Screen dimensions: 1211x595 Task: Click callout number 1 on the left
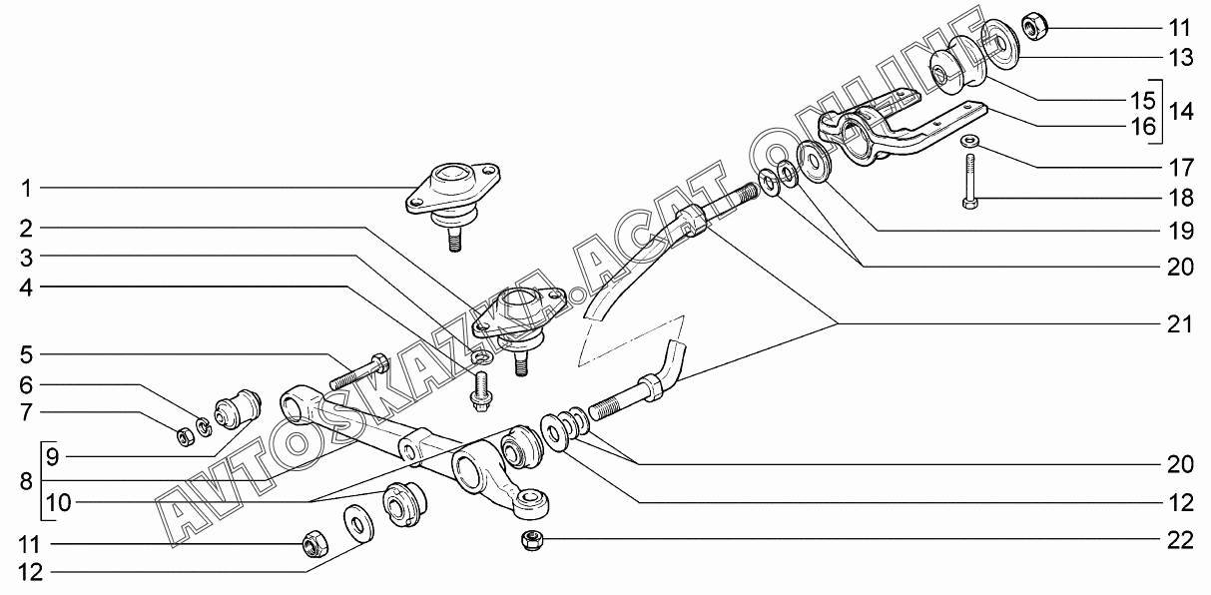[x=27, y=189]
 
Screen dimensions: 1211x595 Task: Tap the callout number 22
[x=1180, y=540]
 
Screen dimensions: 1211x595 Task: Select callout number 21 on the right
[x=1179, y=324]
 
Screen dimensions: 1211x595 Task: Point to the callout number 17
[x=1181, y=168]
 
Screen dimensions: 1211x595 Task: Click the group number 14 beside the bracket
[x=1181, y=112]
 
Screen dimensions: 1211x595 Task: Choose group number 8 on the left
[x=26, y=481]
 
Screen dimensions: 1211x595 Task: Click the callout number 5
[x=27, y=355]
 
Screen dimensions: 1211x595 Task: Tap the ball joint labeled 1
[x=453, y=205]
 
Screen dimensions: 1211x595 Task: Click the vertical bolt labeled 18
[x=970, y=182]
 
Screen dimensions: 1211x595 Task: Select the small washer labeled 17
[x=968, y=142]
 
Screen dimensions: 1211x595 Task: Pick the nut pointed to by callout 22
[x=532, y=540]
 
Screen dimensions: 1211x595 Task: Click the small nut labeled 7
[x=186, y=435]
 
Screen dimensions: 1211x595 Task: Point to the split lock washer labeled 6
[x=204, y=426]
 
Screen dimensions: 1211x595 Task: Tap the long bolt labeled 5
[x=358, y=371]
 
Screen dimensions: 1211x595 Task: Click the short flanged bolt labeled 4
[x=478, y=391]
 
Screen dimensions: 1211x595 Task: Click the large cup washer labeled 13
[x=999, y=45]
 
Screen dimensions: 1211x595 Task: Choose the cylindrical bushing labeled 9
[x=239, y=410]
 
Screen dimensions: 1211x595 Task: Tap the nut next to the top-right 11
[x=1034, y=27]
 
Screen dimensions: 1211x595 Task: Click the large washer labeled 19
[x=814, y=162]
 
